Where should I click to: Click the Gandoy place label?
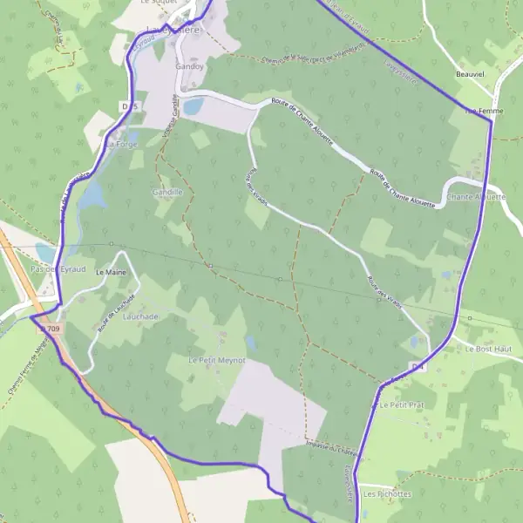[189, 66]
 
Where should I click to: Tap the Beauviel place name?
[469, 76]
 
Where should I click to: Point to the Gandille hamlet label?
[167, 192]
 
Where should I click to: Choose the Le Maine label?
[111, 273]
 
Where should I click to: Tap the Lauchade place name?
[140, 317]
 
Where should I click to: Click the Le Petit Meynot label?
[217, 359]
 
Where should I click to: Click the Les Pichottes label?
[387, 493]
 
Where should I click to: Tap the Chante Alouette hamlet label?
[476, 197]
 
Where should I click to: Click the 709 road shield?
[54, 329]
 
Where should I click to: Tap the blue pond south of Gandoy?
[194, 106]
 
